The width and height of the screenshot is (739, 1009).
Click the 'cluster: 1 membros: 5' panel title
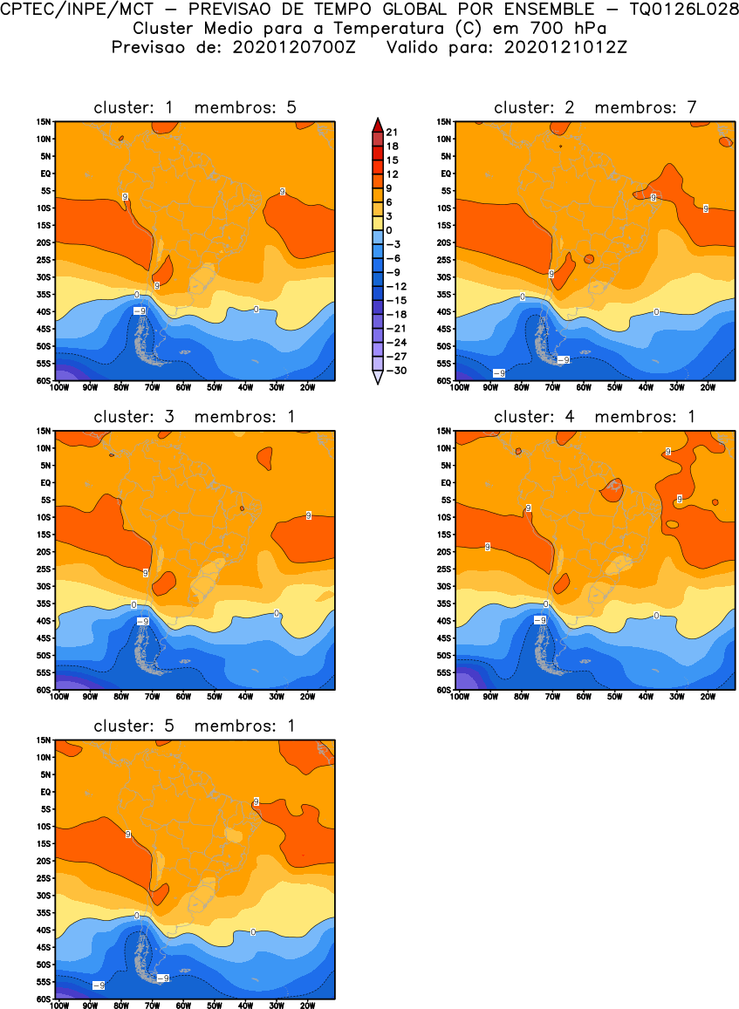pos(195,108)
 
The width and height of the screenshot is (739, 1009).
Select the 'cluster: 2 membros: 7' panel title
pos(595,108)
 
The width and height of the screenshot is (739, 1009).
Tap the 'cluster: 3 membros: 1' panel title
pos(195,417)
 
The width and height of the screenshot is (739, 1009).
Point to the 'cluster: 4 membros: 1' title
pos(595,417)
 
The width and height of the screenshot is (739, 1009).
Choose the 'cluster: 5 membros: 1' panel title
pos(195,726)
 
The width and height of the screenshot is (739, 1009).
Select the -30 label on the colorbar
pos(392,370)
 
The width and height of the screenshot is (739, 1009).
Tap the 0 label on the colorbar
pos(390,229)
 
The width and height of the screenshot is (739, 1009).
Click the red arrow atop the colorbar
pos(376,124)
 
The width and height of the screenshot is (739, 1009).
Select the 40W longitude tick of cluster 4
pos(646,697)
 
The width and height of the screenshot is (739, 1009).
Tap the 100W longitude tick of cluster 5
pos(59,1006)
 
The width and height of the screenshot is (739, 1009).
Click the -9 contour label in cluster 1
pos(139,310)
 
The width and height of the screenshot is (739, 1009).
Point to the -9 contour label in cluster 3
pos(143,620)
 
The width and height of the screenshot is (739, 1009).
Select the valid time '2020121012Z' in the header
pos(565,47)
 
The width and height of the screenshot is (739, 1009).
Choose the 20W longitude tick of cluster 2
pos(708,388)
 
